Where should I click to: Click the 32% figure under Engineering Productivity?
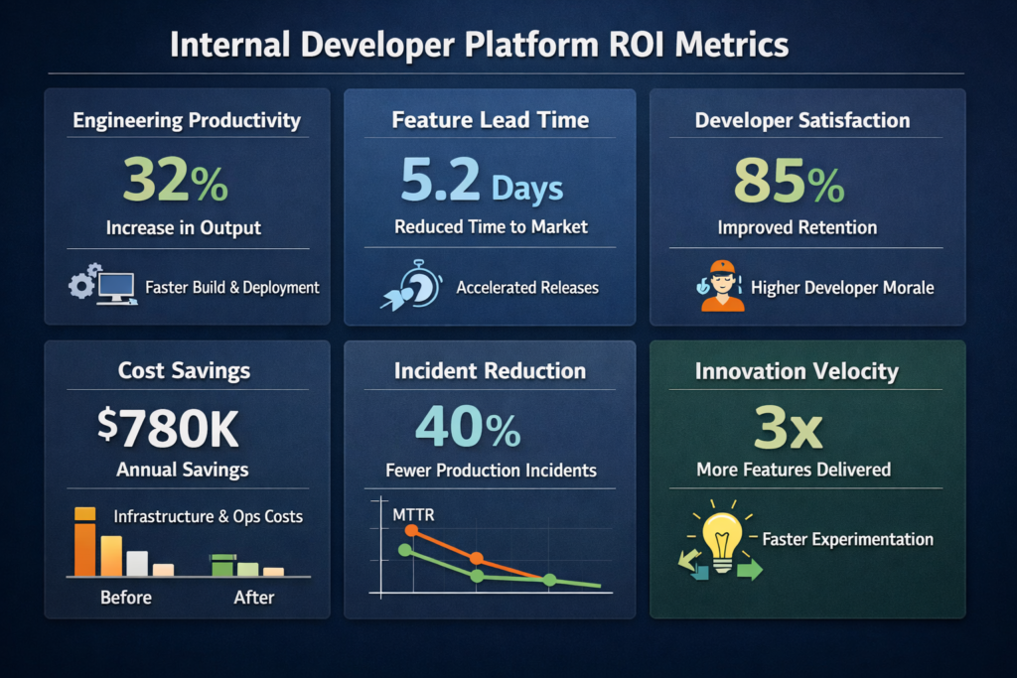[176, 181]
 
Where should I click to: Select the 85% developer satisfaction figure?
[789, 182]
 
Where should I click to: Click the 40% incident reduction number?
[467, 427]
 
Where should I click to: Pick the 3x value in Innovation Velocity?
[788, 428]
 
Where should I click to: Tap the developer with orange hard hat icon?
[722, 286]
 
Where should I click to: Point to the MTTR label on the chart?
[413, 513]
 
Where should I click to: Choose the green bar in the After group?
[223, 565]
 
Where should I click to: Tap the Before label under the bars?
[126, 598]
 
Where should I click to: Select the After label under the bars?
[254, 598]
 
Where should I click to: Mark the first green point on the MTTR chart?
[404, 549]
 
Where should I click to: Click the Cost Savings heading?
[184, 371]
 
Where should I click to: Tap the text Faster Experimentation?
[847, 540]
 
